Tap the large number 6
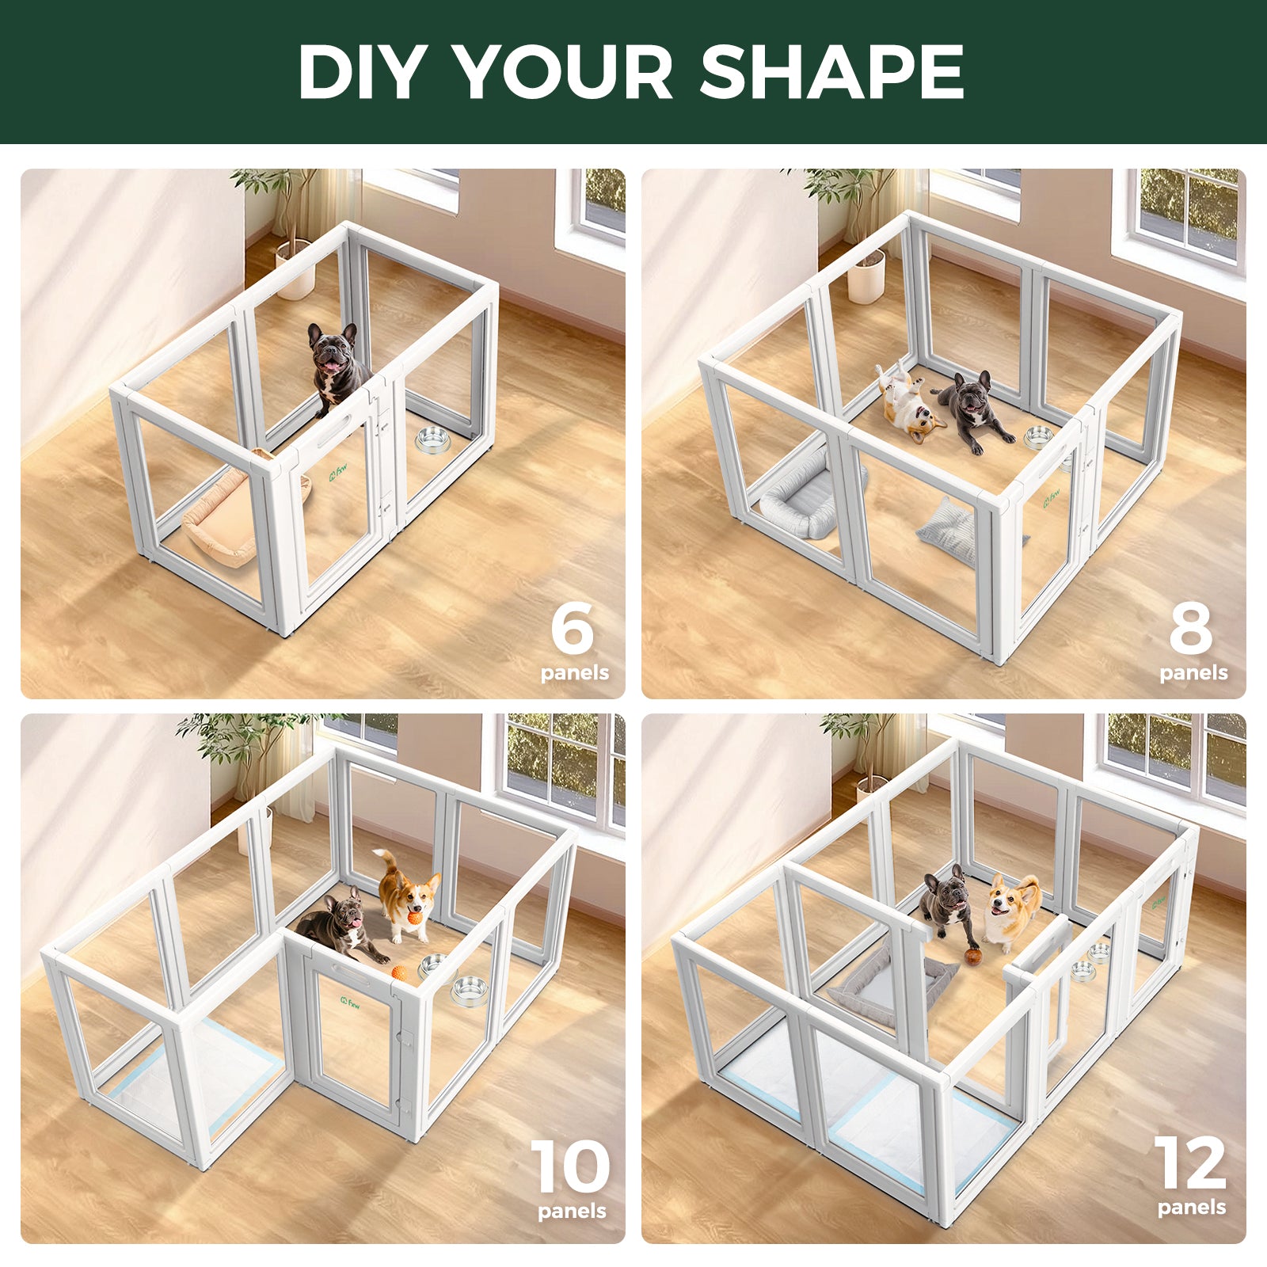click(x=572, y=627)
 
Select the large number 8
click(x=1190, y=627)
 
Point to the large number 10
click(x=570, y=1167)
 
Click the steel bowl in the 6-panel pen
click(x=432, y=439)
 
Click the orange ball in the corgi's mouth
click(x=414, y=918)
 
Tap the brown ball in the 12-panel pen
click(x=973, y=955)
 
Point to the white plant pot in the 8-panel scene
click(x=866, y=277)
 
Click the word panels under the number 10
click(x=572, y=1212)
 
